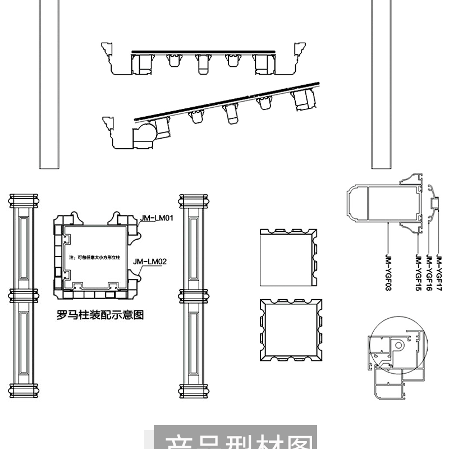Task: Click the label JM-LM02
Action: [x=150, y=261]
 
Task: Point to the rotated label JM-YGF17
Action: [x=439, y=272]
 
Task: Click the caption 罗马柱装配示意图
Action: [x=100, y=315]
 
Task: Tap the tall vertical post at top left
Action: [x=49, y=84]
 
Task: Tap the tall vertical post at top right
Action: [x=381, y=84]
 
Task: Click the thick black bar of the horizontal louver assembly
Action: [x=203, y=52]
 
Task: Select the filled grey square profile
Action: [x=286, y=259]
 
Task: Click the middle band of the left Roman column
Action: [x=25, y=295]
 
